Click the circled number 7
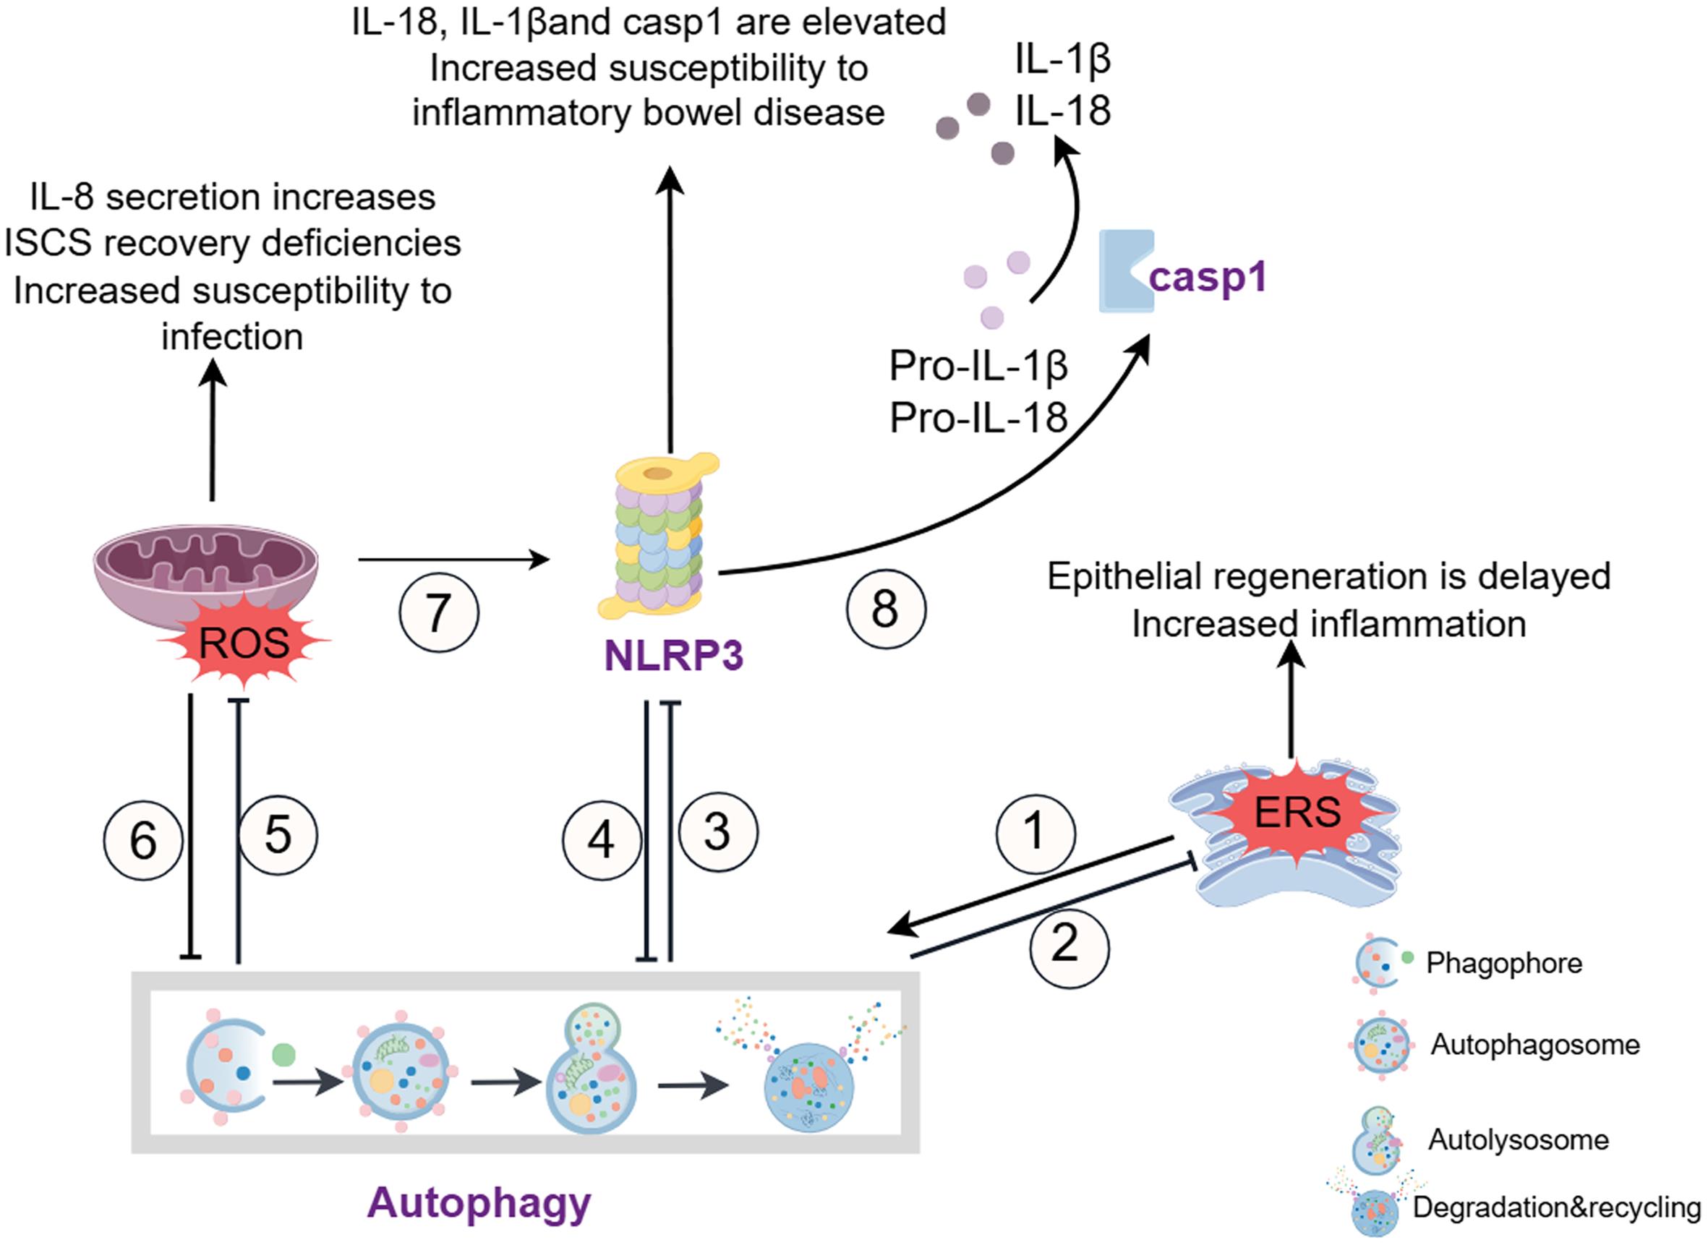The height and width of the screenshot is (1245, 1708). (x=439, y=612)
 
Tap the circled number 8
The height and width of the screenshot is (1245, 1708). (x=886, y=609)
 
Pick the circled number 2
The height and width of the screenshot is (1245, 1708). (x=1069, y=947)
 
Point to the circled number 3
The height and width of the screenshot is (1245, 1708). (x=717, y=832)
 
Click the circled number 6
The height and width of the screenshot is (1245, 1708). (x=143, y=840)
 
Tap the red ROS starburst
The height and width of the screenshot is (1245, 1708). (x=244, y=643)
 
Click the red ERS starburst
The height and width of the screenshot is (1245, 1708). (x=1297, y=812)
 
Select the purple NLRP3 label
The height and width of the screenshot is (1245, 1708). (x=674, y=656)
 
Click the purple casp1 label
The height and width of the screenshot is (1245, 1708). (x=1207, y=277)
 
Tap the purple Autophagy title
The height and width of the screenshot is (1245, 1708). (x=479, y=1202)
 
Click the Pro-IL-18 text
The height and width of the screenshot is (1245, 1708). (x=978, y=416)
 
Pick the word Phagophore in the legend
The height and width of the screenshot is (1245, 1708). (x=1504, y=962)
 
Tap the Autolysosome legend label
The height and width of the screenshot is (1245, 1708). (x=1518, y=1139)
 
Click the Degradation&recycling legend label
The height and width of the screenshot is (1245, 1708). (x=1555, y=1207)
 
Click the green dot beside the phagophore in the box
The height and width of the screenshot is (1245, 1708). (x=283, y=1053)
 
